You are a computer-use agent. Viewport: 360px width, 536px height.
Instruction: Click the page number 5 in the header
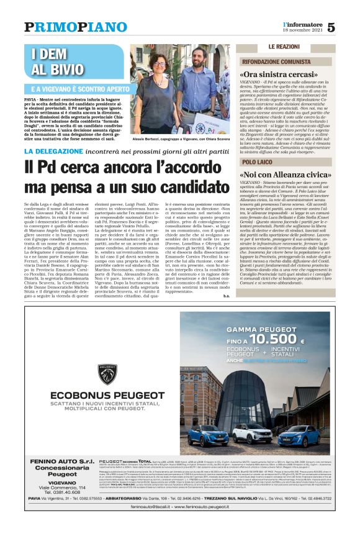click(x=331, y=27)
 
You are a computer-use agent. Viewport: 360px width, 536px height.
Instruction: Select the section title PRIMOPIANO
click(x=74, y=27)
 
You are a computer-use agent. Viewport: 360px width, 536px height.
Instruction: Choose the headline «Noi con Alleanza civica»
click(x=282, y=175)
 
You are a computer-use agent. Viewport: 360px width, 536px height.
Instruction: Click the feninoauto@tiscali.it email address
click(x=144, y=525)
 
